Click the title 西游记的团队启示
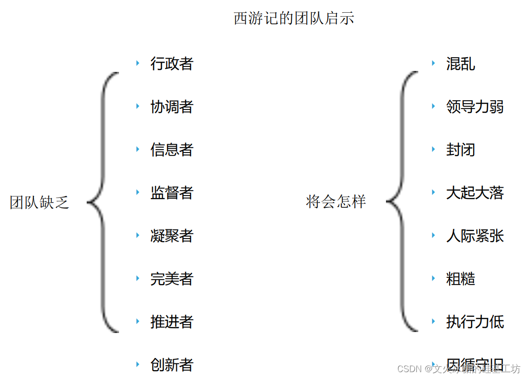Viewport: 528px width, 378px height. (x=294, y=19)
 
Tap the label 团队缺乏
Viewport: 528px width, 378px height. (x=40, y=202)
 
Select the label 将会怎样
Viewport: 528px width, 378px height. (x=336, y=201)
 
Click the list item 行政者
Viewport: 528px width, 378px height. (x=172, y=64)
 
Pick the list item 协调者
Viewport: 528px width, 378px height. (x=172, y=107)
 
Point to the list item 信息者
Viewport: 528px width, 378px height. (x=172, y=150)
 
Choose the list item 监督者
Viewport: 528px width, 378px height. (x=172, y=193)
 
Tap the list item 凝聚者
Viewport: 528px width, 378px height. (x=172, y=236)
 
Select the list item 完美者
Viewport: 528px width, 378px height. (x=172, y=279)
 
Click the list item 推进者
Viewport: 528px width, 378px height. (x=172, y=322)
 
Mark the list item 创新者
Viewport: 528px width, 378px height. (x=172, y=365)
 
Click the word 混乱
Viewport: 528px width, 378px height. (x=460, y=64)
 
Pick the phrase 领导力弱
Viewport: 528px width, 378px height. (x=475, y=107)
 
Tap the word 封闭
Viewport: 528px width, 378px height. (x=460, y=150)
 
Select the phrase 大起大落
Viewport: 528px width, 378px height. (x=475, y=193)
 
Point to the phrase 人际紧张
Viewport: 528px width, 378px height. (x=475, y=236)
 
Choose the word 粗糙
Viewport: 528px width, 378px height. (x=460, y=279)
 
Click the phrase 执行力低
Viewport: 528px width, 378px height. (x=475, y=322)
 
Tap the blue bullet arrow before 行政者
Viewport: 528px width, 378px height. (x=138, y=63)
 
